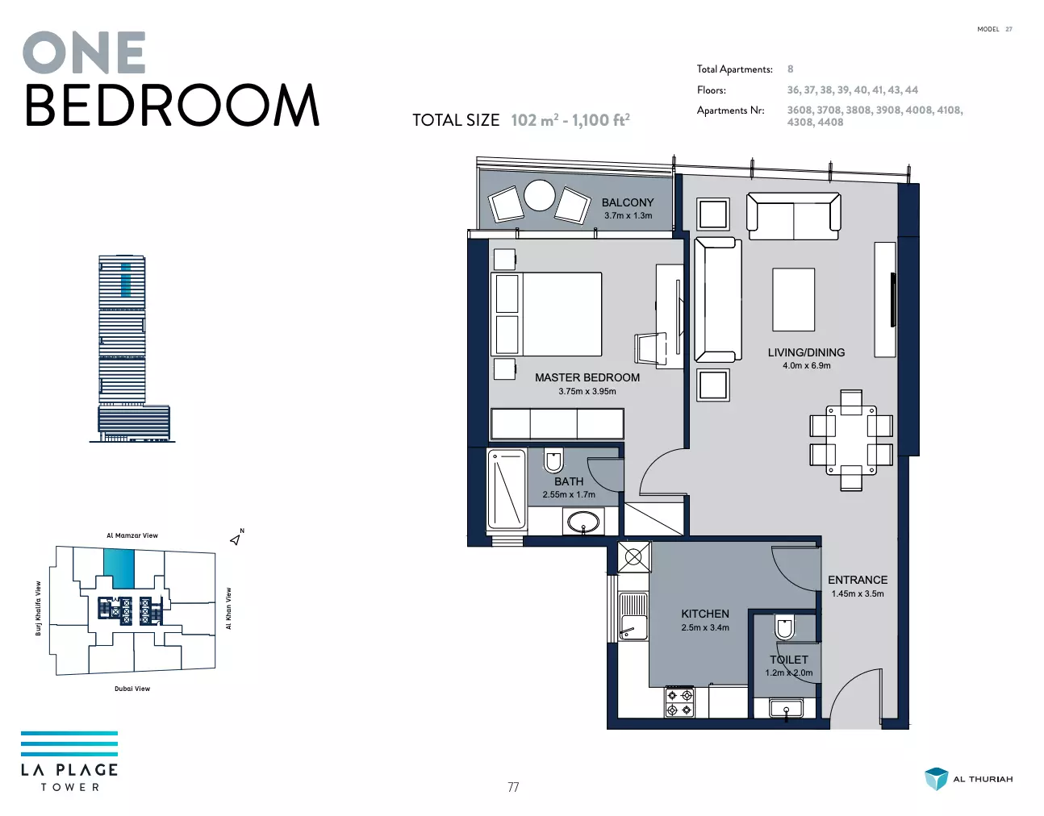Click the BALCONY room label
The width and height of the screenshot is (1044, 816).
(x=628, y=202)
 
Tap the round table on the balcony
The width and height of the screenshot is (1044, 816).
(x=540, y=195)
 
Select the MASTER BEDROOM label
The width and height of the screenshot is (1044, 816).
(x=587, y=377)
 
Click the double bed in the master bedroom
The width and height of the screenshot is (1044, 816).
(x=547, y=314)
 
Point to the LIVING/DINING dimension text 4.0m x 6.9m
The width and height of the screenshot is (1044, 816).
(x=807, y=366)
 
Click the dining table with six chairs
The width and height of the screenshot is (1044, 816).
(x=851, y=440)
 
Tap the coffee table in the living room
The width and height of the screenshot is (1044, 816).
(x=793, y=299)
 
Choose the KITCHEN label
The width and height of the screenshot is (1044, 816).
(x=705, y=614)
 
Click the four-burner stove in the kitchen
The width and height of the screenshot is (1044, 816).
(x=679, y=702)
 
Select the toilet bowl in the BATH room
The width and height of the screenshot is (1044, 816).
(x=553, y=460)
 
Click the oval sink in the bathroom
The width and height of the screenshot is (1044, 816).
(x=583, y=522)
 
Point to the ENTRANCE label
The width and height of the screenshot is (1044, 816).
(x=858, y=581)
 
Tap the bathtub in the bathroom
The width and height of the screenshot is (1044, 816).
(x=507, y=489)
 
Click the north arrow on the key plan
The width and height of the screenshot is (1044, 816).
(x=236, y=539)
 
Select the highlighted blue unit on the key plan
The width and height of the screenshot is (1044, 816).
(x=119, y=568)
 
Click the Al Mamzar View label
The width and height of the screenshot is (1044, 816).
(x=132, y=535)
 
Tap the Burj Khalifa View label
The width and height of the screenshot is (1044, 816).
(x=38, y=608)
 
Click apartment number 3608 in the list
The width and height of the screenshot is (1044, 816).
(x=800, y=110)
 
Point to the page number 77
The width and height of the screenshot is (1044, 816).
(x=513, y=787)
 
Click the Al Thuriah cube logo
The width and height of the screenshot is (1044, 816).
(x=936, y=779)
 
